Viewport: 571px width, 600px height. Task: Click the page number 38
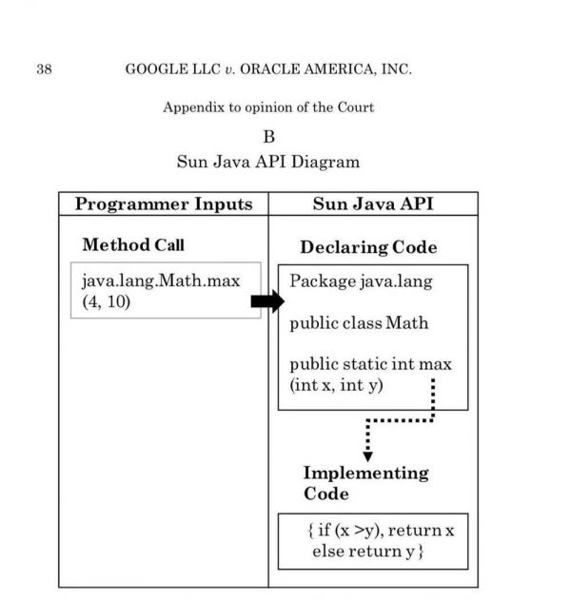(x=44, y=69)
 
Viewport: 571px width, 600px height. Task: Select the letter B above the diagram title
(x=268, y=137)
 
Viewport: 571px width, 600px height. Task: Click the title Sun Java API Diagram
(x=268, y=162)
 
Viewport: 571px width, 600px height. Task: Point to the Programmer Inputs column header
(x=164, y=204)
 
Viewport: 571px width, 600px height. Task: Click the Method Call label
(x=133, y=244)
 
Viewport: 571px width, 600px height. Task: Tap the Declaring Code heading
(x=368, y=247)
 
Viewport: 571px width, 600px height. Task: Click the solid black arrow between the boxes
(x=267, y=301)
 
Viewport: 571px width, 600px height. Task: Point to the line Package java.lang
(x=361, y=281)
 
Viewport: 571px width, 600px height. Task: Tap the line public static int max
(x=370, y=364)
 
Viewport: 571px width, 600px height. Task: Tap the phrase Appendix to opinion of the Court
(x=268, y=107)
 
